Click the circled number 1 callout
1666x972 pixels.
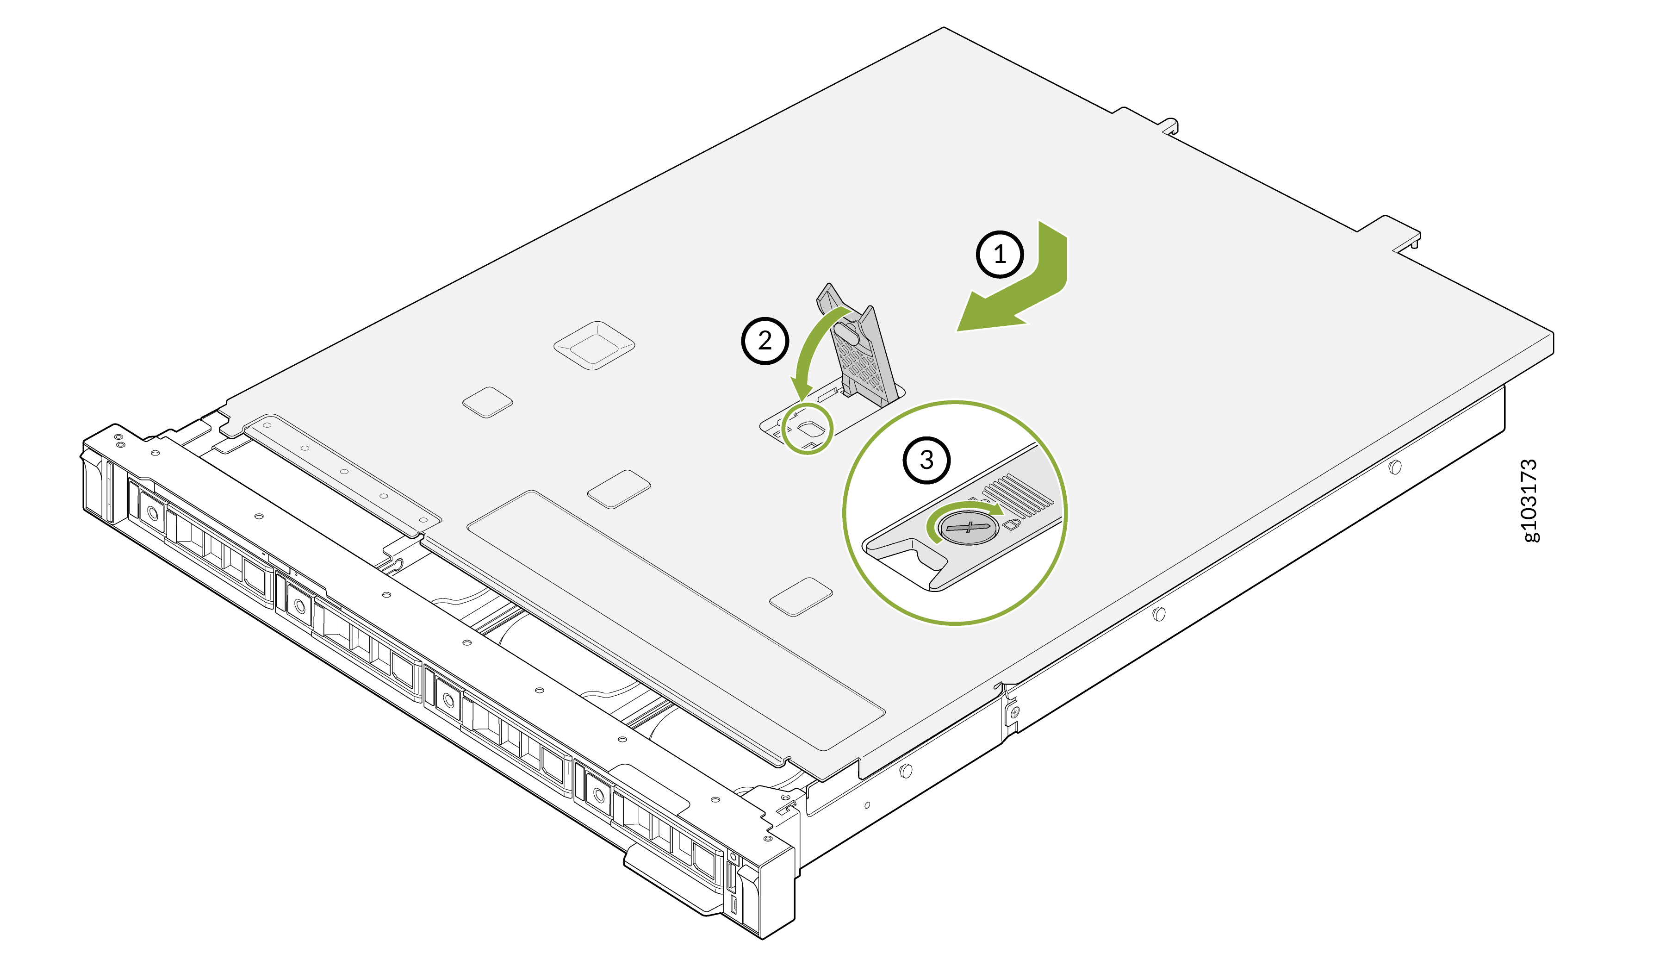(1000, 254)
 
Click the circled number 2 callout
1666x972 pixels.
(765, 341)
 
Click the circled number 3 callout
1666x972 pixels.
(926, 460)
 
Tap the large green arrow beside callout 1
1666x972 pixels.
(1018, 291)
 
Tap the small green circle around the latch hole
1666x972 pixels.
(807, 429)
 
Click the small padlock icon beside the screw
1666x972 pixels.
(1012, 523)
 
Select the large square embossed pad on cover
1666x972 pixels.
(594, 345)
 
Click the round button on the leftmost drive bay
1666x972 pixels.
(153, 512)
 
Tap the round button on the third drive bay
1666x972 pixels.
(449, 699)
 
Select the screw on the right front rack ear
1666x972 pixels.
(1015, 712)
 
